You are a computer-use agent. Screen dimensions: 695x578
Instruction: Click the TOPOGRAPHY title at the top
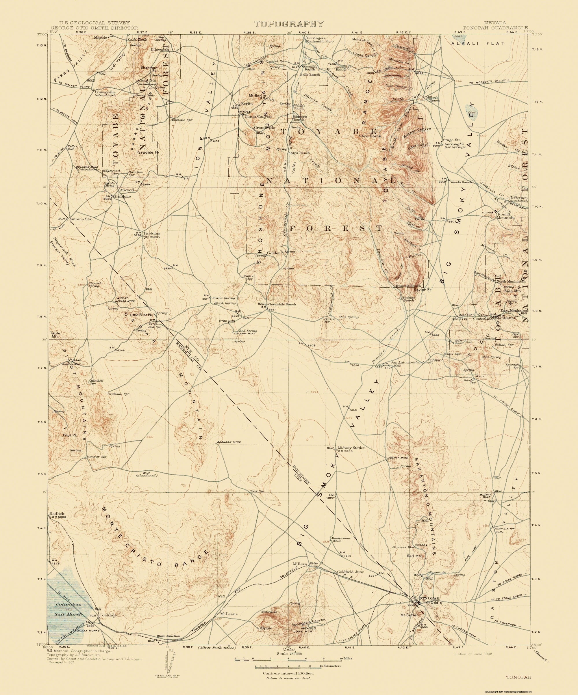(288, 24)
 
